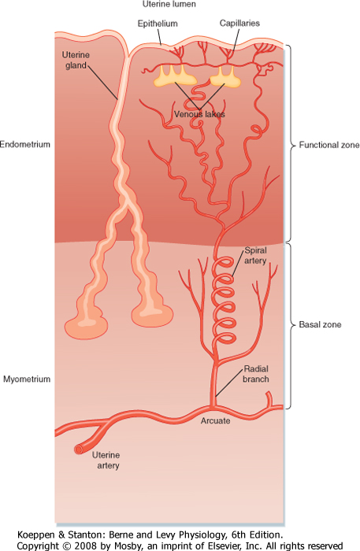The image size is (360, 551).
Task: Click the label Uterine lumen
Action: click(169, 4)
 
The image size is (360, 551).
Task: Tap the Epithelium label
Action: click(158, 24)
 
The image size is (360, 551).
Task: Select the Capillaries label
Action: click(239, 23)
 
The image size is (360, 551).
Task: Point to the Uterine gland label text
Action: click(76, 60)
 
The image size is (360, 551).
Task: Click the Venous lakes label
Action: click(199, 114)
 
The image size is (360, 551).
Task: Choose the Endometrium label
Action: click(25, 144)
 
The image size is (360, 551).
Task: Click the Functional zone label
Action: click(329, 145)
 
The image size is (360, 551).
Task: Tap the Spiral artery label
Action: click(255, 256)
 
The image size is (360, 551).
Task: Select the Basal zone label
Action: click(320, 324)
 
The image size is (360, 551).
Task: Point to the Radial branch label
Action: click(256, 374)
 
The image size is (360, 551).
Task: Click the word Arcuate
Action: click(216, 420)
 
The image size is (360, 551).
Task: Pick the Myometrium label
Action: click(27, 379)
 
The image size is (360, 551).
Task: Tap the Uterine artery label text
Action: click(106, 460)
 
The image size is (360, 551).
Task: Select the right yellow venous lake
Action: click(225, 78)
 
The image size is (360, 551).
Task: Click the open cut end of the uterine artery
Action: click(78, 449)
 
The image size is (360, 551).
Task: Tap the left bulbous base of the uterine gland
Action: click(86, 327)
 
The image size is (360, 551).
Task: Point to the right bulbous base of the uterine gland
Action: click(152, 314)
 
